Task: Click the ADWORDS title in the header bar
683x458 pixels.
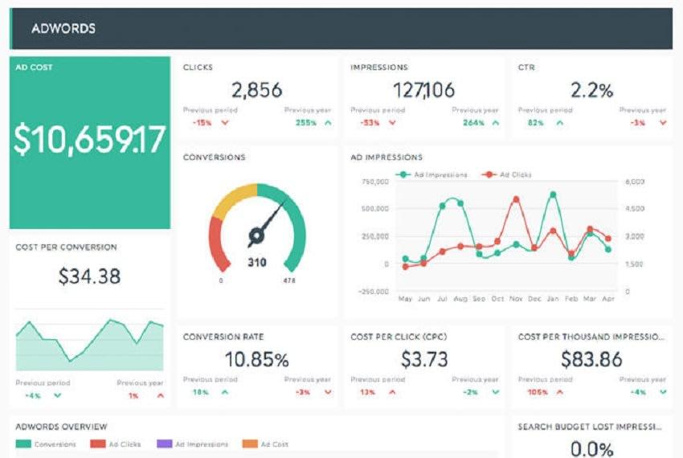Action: (x=63, y=29)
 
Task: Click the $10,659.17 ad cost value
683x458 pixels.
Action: (x=89, y=139)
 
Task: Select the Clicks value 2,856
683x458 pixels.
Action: (x=256, y=90)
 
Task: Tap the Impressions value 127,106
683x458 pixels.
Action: (x=424, y=90)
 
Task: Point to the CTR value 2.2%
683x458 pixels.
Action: (x=591, y=90)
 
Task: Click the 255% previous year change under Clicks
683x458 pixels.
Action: (x=305, y=123)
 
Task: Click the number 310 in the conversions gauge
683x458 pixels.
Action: (x=257, y=262)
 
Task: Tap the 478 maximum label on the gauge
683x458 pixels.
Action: (x=289, y=281)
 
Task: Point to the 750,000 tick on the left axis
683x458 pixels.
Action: (x=375, y=182)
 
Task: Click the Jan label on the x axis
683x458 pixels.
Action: (x=552, y=299)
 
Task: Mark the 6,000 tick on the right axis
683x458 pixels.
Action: (x=634, y=182)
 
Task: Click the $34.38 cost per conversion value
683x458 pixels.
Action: (x=89, y=276)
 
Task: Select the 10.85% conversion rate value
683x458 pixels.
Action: (x=256, y=358)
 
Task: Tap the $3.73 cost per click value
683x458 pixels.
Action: (x=424, y=358)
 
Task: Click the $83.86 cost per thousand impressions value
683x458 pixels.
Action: (x=591, y=358)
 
